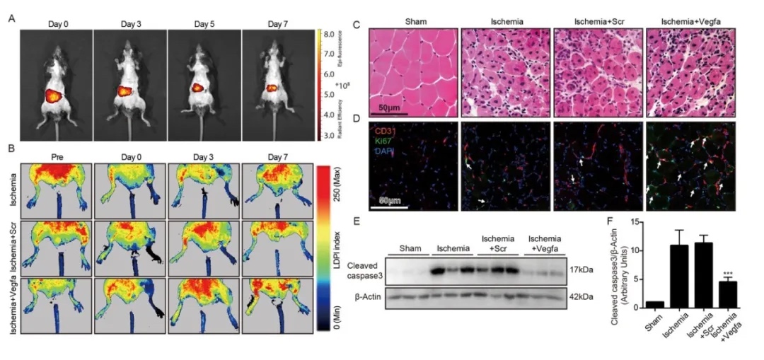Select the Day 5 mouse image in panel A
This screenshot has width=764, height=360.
[204, 85]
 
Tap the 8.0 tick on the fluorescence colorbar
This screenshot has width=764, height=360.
[330, 33]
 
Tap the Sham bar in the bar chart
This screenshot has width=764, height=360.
[659, 305]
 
